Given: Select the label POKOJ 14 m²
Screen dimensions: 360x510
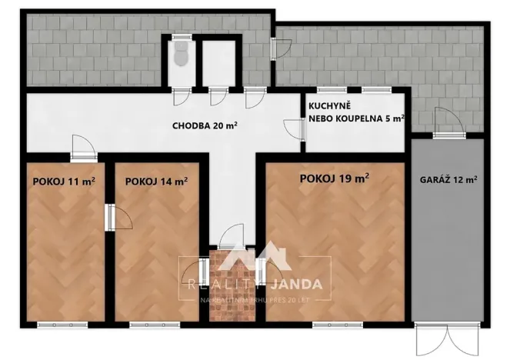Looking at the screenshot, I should point(156,182).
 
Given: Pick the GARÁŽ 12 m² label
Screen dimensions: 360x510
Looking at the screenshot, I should point(448,179).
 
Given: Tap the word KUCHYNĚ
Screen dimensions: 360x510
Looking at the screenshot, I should point(330,106).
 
